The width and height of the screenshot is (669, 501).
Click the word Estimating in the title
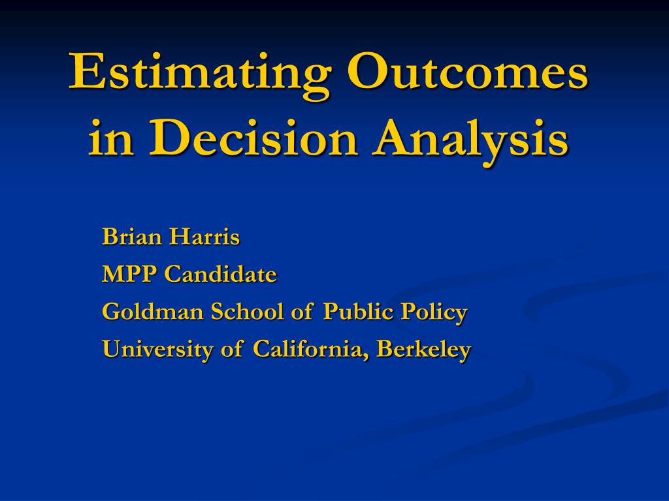(x=200, y=75)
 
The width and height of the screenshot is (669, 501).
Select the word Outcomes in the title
(x=468, y=70)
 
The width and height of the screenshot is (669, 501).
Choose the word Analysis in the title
(x=470, y=142)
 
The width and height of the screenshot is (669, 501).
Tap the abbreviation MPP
(x=130, y=274)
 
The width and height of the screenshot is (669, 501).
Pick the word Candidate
(x=221, y=274)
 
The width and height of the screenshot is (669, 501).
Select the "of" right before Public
(x=302, y=311)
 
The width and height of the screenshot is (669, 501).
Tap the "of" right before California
(x=232, y=349)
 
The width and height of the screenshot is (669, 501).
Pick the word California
(x=309, y=349)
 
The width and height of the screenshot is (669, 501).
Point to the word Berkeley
(x=423, y=350)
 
